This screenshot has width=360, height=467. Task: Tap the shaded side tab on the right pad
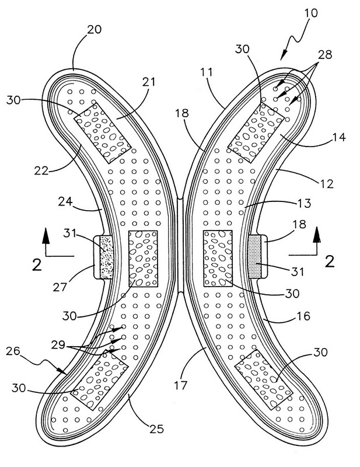tap(255, 257)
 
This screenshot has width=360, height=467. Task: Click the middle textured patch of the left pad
tap(142, 257)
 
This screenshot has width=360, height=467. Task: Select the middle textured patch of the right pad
tap(218, 257)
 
